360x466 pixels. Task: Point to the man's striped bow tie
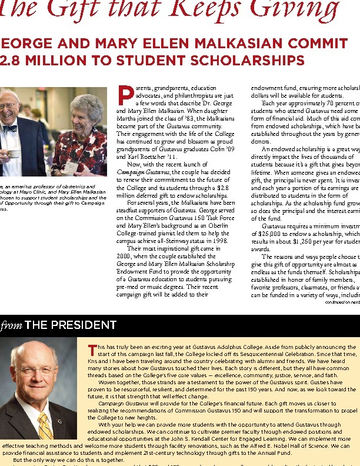point(9,128)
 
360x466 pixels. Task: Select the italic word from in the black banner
point(11,325)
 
